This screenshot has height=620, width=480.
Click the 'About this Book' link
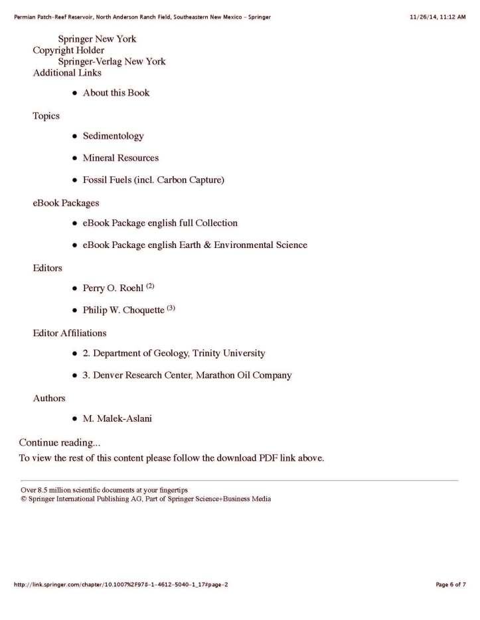116,93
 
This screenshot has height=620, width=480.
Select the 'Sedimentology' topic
113,136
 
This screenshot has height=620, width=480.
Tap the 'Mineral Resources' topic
120,158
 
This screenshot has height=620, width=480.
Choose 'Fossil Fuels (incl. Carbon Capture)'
153,180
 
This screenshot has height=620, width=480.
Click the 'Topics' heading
46,116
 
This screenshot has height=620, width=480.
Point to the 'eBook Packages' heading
66,202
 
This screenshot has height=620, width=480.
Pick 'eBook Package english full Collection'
160,223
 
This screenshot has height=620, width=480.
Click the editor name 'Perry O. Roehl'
113,288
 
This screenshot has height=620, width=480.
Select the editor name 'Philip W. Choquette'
123,310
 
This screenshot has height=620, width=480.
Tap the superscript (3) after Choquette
171,308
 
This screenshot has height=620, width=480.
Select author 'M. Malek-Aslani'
118,418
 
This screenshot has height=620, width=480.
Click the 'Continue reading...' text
60,442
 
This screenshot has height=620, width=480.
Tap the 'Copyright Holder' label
68,50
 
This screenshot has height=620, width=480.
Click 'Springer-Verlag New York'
112,62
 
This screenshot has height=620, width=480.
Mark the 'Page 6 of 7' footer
451,584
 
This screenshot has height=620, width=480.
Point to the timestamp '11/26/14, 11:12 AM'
438,16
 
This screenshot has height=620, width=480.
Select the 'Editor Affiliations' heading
70,332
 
